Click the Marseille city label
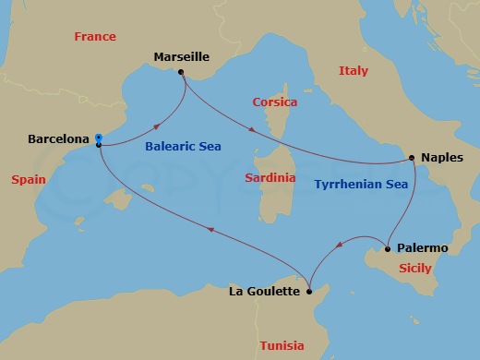pyautogui.click(x=181, y=55)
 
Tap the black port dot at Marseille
pyautogui.click(x=181, y=72)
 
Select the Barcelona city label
pyautogui.click(x=58, y=139)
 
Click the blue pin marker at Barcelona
pyautogui.click(x=99, y=138)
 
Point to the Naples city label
pyautogui.click(x=441, y=158)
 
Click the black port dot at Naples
pyautogui.click(x=412, y=157)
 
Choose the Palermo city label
pyautogui.click(x=422, y=248)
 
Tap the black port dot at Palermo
pyautogui.click(x=387, y=247)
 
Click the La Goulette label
pyautogui.click(x=264, y=292)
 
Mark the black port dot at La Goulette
pyautogui.click(x=310, y=291)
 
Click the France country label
pyautogui.click(x=95, y=37)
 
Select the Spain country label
pyautogui.click(x=30, y=179)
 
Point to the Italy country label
pyautogui.click(x=353, y=70)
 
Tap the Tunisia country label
pyautogui.click(x=282, y=345)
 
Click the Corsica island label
pyautogui.click(x=275, y=102)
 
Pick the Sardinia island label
pyautogui.click(x=270, y=176)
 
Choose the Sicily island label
pyautogui.click(x=414, y=269)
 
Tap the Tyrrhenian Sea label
pyautogui.click(x=361, y=185)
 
